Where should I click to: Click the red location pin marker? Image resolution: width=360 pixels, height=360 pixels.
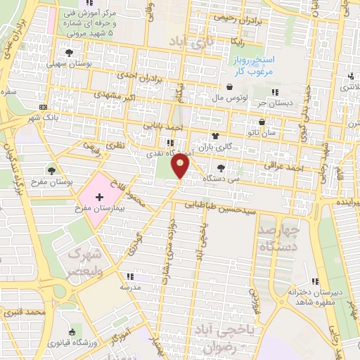181,166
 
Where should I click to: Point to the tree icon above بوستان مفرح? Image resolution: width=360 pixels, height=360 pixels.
52,169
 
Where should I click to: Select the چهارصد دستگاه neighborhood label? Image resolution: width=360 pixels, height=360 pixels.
278,238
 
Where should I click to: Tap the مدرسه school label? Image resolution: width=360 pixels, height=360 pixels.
130,288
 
